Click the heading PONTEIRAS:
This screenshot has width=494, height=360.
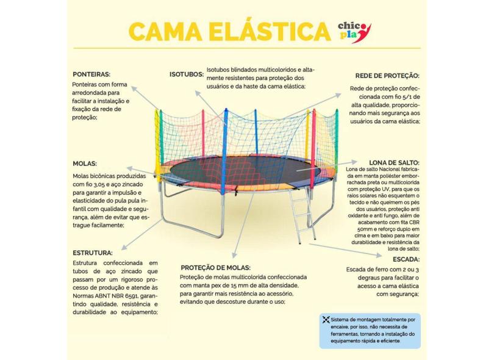coord(91,74)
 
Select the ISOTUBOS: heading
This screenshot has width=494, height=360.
coord(186,74)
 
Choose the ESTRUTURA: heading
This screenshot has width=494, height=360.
coord(92,252)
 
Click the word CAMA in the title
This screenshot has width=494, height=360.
coord(163,32)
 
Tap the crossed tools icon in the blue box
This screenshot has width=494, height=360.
coord(326,319)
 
